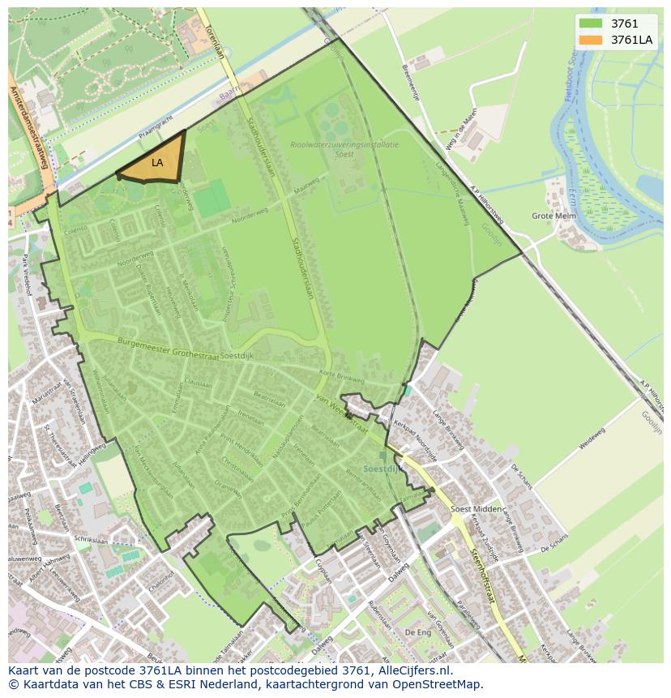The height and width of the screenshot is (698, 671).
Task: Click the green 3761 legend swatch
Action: (592, 24)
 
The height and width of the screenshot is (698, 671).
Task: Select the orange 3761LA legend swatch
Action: (592, 39)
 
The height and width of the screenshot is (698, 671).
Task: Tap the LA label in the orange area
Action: (157, 163)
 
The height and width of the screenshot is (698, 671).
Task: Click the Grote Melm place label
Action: (554, 216)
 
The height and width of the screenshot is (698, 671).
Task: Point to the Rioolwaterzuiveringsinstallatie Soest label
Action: (344, 149)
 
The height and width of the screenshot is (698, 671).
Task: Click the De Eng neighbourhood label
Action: (418, 632)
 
